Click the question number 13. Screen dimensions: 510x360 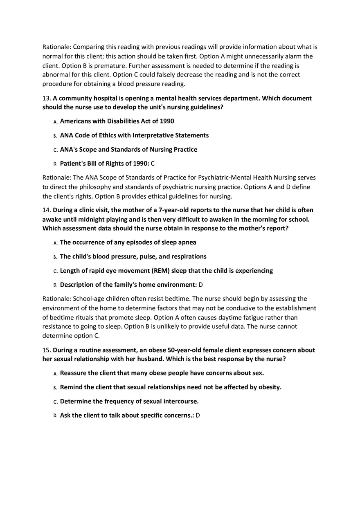click(46, 99)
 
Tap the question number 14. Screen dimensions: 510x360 click(46, 210)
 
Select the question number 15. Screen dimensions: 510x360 click(46, 350)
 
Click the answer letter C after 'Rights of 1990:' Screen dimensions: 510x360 click(153, 164)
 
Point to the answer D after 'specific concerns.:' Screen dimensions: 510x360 click(198, 416)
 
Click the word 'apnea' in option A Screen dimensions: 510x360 click(187, 243)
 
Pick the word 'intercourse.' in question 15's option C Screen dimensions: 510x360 click(180, 402)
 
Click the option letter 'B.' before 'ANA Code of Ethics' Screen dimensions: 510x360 click(55, 136)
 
